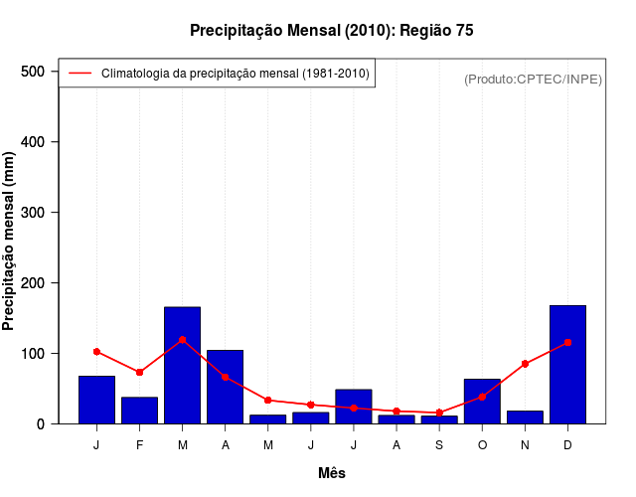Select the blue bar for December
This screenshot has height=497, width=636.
click(567, 364)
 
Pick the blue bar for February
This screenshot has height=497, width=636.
click(139, 410)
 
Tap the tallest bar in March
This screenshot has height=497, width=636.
click(182, 365)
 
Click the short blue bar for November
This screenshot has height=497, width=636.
click(525, 416)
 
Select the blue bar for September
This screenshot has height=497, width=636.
click(439, 419)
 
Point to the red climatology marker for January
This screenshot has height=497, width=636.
click(96, 351)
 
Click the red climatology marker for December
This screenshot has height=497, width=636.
click(567, 342)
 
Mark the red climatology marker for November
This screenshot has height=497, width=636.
click(525, 364)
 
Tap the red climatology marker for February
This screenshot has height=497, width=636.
click(139, 372)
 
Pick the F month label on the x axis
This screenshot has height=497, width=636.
click(139, 445)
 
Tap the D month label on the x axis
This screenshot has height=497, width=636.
click(567, 445)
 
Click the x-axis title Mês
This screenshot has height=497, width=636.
click(332, 473)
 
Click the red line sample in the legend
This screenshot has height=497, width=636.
click(79, 74)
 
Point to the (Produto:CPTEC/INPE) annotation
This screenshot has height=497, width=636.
click(533, 79)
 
